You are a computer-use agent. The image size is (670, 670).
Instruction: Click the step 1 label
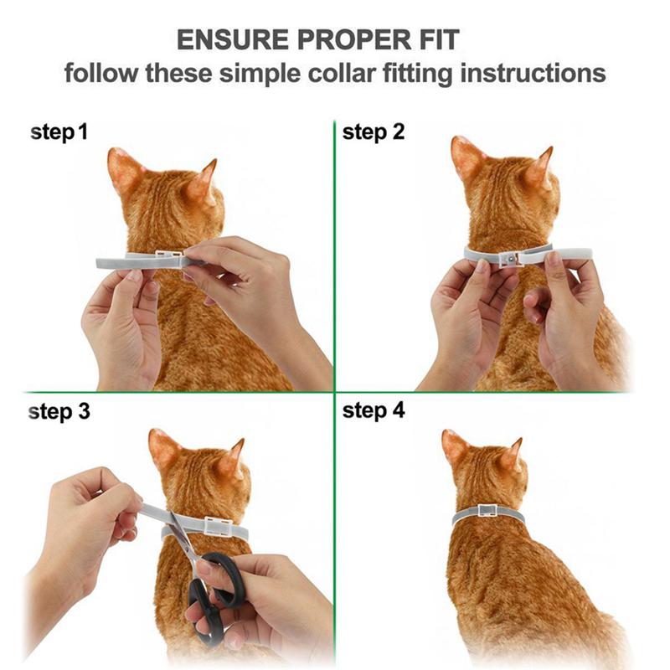click(x=59, y=132)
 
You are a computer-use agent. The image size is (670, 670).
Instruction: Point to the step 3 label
click(x=59, y=412)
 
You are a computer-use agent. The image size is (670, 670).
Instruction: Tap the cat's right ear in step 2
click(x=540, y=167)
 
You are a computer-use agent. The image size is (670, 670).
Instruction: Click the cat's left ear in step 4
click(x=455, y=448)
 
